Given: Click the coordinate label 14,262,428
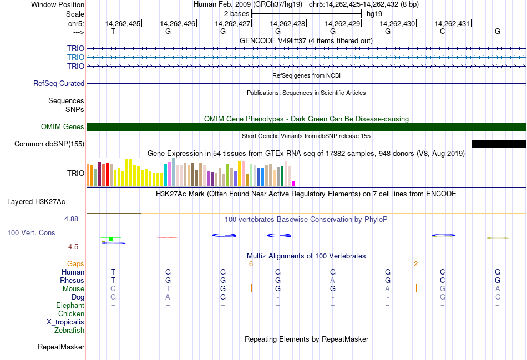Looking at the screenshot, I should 287,23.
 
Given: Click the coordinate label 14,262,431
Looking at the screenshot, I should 452,23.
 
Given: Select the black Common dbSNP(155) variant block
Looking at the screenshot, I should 499,144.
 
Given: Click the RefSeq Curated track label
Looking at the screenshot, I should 59,84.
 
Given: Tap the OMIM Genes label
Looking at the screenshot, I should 63,127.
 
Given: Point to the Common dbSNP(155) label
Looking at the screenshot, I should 49,144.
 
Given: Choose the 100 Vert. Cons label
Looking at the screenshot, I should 31,233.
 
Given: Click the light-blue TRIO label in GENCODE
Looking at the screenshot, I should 75,57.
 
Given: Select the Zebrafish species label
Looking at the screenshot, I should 69,331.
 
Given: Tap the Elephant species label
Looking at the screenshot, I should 70,306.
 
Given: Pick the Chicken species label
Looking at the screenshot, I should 71,314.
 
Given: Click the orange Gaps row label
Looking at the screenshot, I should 75,264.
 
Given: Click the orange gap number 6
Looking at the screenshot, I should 251,264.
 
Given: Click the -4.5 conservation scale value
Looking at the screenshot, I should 73,247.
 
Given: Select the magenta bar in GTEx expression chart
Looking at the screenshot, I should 294,184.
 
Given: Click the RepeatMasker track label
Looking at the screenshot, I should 61,347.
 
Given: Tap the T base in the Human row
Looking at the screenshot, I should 113,272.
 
